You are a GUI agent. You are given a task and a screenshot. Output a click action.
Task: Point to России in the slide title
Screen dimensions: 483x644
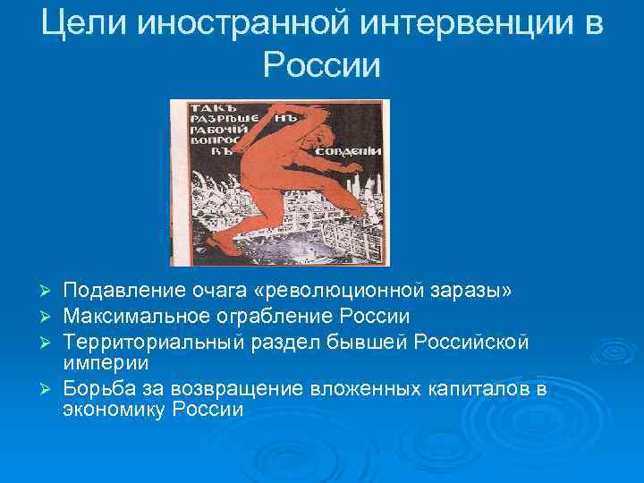(x=322, y=64)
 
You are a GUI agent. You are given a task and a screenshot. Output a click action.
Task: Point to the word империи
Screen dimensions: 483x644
(x=99, y=363)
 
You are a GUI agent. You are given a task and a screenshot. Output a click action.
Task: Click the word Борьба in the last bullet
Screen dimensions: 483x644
(x=97, y=388)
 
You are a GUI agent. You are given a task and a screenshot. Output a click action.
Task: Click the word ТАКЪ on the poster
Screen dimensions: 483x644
(x=203, y=109)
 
